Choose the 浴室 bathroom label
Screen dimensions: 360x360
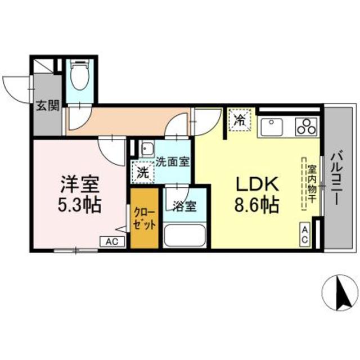tap(184, 206)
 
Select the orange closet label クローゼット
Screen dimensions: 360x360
tap(145, 219)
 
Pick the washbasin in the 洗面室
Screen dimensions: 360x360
tap(147, 150)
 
